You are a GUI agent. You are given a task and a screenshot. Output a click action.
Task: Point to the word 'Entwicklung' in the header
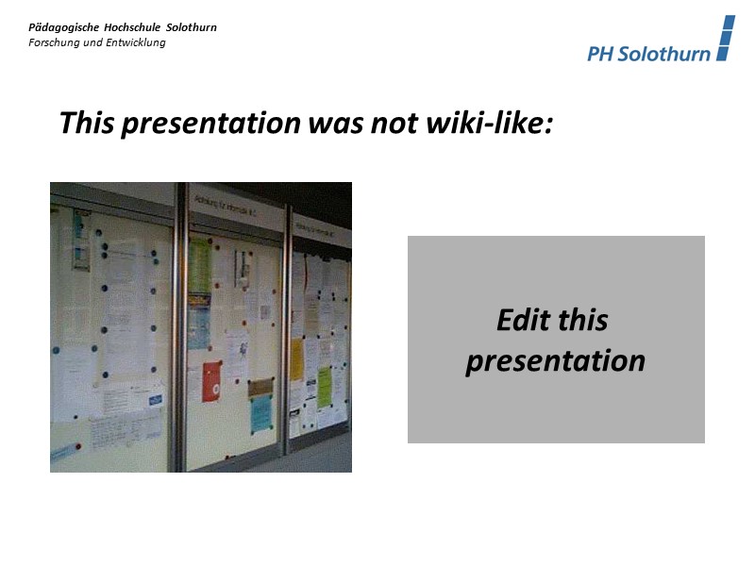pyautogui.click(x=135, y=42)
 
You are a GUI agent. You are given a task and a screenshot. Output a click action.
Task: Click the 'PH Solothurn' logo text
pyautogui.click(x=648, y=54)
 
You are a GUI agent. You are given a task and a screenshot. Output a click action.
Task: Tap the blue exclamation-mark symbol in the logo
pyautogui.click(x=725, y=39)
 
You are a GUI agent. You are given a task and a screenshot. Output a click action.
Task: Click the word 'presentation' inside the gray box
pyautogui.click(x=556, y=361)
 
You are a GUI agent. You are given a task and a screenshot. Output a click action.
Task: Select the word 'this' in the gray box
pyautogui.click(x=582, y=321)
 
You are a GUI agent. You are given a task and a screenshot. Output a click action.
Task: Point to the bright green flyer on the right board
pyautogui.click(x=325, y=387)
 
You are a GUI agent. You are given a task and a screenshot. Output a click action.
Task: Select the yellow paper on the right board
pyautogui.click(x=296, y=359)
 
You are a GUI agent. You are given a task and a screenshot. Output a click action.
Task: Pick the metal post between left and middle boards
pyautogui.click(x=178, y=330)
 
